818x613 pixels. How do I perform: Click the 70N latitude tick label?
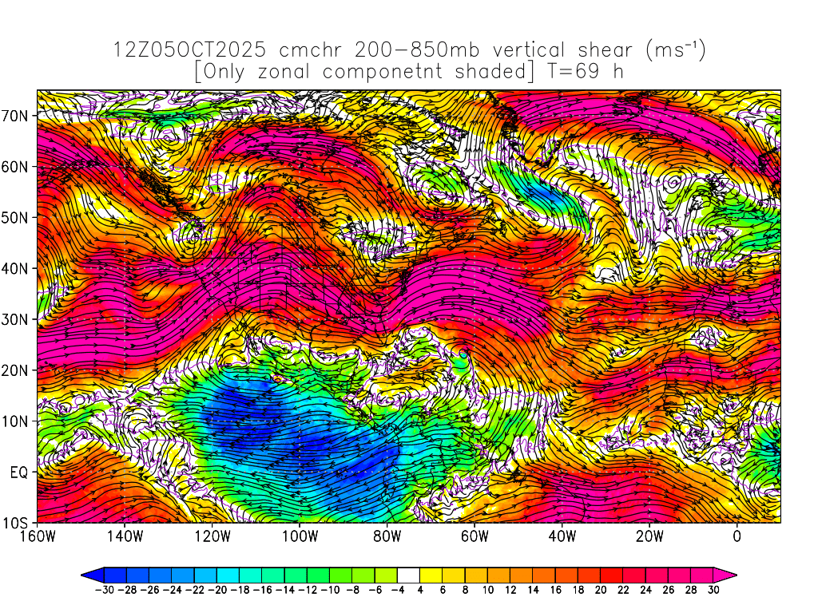17,115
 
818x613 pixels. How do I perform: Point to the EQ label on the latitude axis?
20,472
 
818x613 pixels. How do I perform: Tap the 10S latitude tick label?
17,523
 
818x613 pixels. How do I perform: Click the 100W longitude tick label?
299,536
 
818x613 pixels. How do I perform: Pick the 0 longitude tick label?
737,536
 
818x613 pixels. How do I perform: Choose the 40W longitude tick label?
562,536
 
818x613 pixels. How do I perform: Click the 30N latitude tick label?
17,319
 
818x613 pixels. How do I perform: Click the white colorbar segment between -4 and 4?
408,574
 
